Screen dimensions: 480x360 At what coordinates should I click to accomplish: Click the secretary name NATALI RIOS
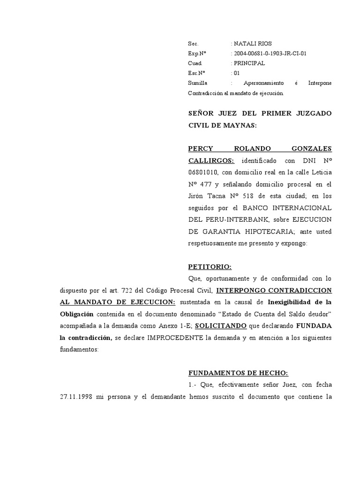(252, 44)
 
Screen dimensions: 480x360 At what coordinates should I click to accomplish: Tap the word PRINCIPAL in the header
(249, 63)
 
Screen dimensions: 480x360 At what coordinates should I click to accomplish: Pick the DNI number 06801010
(203, 172)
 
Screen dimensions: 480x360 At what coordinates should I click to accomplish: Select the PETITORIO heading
(210, 267)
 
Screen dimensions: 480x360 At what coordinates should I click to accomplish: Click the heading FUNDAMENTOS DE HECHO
(238, 373)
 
